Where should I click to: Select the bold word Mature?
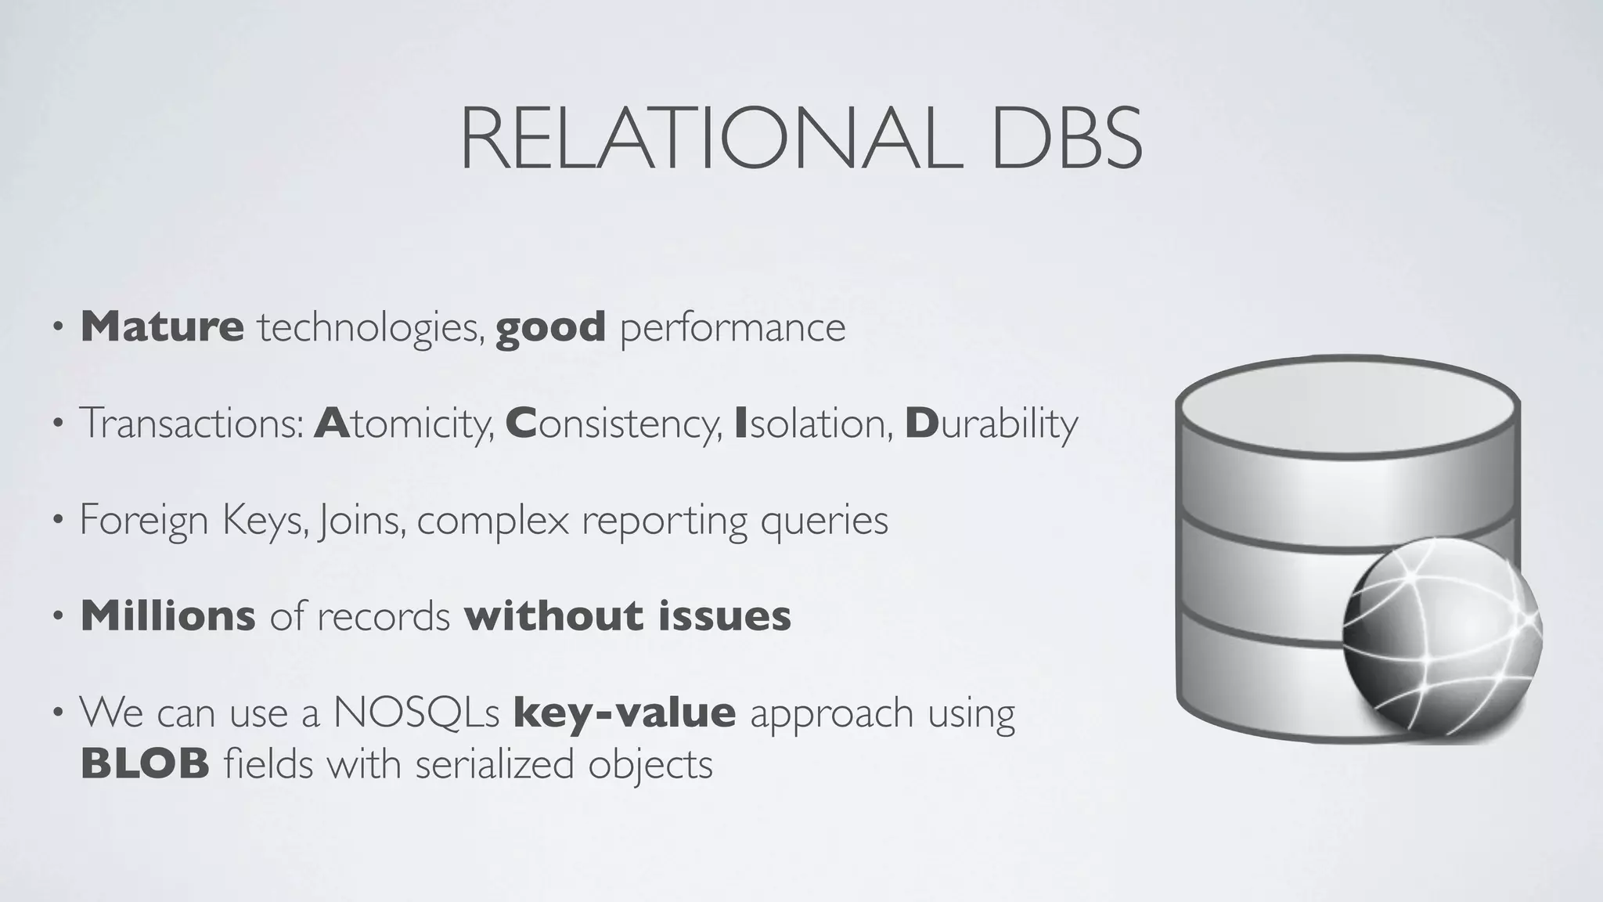162,327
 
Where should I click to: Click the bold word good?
550,327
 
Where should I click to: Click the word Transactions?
192,424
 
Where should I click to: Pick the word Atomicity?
404,424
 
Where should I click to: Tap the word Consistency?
614,424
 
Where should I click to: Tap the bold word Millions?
168,616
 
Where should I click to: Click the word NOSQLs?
416,713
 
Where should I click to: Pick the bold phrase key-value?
624,713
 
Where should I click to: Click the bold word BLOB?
145,764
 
